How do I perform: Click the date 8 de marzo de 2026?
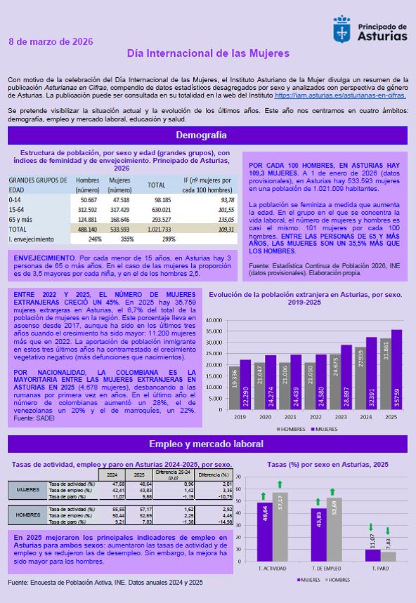pyautogui.click(x=51, y=41)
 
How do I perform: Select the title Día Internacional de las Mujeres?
pyautogui.click(x=208, y=53)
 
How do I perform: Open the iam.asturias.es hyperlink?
pyautogui.click(x=340, y=94)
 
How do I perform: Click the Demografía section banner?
pyautogui.click(x=207, y=135)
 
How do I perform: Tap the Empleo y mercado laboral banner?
pyautogui.click(x=207, y=444)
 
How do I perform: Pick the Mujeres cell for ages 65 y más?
pyautogui.click(x=120, y=219)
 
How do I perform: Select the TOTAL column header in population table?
pyautogui.click(x=156, y=185)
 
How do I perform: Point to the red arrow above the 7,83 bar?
pyautogui.click(x=388, y=531)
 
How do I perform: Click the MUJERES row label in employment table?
pyautogui.click(x=27, y=489)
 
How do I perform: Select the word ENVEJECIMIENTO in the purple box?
pyautogui.click(x=44, y=258)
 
